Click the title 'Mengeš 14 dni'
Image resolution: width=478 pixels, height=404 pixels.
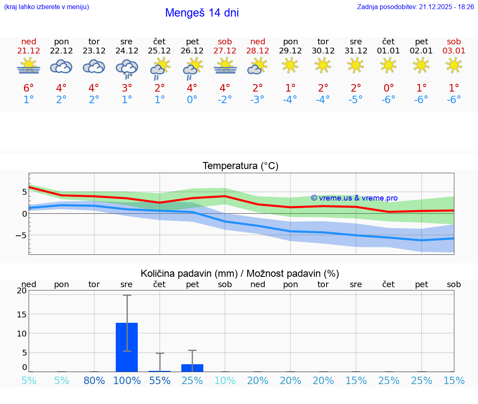tap(202, 13)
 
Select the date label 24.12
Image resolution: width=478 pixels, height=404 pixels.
tap(127, 51)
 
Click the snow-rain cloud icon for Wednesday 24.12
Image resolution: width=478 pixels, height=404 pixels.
tap(127, 68)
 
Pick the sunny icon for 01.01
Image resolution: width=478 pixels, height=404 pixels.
tap(388, 65)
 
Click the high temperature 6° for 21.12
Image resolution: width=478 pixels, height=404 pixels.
tap(28, 88)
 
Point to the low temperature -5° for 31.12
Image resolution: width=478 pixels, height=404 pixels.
tap(356, 100)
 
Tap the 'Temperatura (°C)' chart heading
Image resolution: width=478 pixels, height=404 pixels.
tap(240, 166)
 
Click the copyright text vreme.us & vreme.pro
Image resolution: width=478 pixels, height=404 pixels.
tap(354, 198)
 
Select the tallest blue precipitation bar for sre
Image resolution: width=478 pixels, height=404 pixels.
tap(127, 347)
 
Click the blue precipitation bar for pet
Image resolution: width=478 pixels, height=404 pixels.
tap(193, 368)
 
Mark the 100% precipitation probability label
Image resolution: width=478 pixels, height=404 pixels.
tap(127, 380)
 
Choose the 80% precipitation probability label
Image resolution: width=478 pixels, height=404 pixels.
tap(94, 380)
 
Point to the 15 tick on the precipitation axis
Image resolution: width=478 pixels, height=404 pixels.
tap(22, 314)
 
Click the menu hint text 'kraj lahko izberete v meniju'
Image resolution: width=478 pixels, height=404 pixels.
tap(46, 7)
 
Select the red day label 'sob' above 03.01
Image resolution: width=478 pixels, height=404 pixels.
tap(454, 41)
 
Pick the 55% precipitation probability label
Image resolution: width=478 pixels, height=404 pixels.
tap(160, 380)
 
